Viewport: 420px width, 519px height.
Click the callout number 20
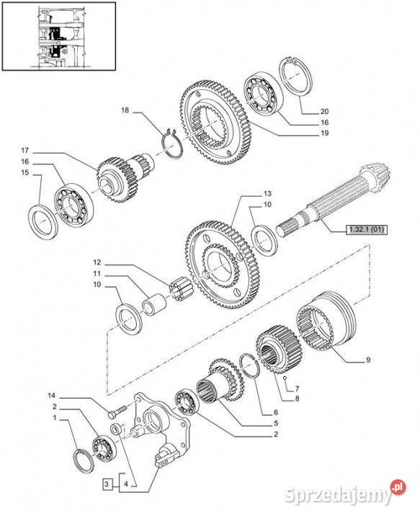pyautogui.click(x=324, y=112)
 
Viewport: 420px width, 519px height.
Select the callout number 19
pyautogui.click(x=324, y=133)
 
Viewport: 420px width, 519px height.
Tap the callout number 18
pyautogui.click(x=125, y=110)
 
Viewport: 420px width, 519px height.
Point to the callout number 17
pyautogui.click(x=24, y=151)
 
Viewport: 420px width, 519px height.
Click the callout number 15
pyautogui.click(x=24, y=172)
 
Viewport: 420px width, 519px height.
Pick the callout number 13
pyautogui.click(x=267, y=193)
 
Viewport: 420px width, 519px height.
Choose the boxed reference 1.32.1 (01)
pyautogui.click(x=367, y=229)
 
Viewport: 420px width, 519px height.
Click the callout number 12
pyautogui.click(x=97, y=262)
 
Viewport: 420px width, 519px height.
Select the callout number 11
pyautogui.click(x=97, y=274)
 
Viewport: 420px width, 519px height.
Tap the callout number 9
pyautogui.click(x=368, y=360)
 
